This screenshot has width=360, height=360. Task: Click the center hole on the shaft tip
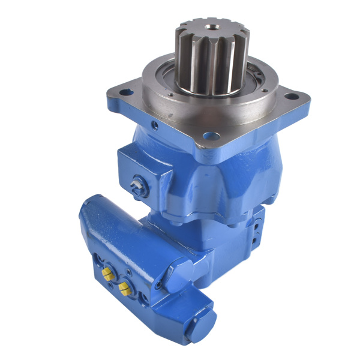pyautogui.click(x=211, y=26)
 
